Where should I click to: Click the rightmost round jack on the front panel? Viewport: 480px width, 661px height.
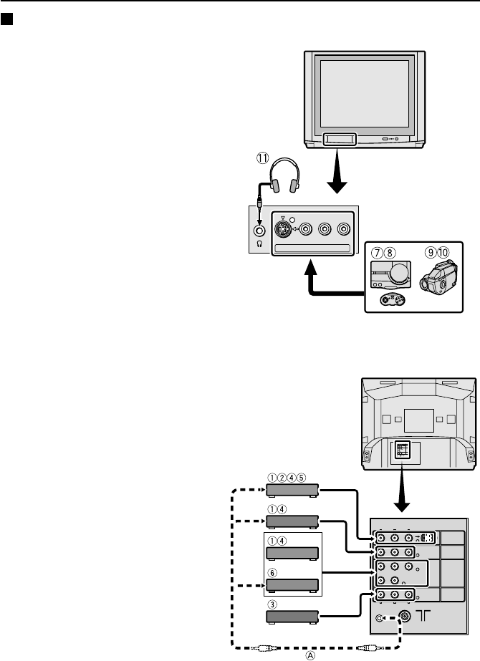pos(344,230)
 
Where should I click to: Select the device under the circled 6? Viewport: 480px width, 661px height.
pos(292,582)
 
